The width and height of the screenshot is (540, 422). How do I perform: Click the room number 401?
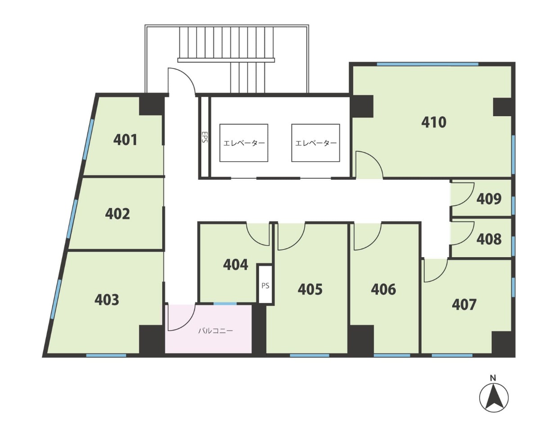pyautogui.click(x=125, y=140)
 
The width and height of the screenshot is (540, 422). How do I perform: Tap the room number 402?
pyautogui.click(x=117, y=214)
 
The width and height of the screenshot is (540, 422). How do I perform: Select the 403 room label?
pyautogui.click(x=107, y=299)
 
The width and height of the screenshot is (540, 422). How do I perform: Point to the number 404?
pyautogui.click(x=236, y=265)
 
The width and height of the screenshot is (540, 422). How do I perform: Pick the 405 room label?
pyautogui.click(x=310, y=290)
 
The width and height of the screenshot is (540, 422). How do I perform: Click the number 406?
pyautogui.click(x=383, y=290)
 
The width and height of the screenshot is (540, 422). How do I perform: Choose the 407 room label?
pyautogui.click(x=464, y=304)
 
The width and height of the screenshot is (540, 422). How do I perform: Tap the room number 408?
pyautogui.click(x=489, y=239)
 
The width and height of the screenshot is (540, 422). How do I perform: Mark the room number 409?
pyautogui.click(x=489, y=199)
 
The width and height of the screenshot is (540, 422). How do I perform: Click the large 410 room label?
pyautogui.click(x=434, y=123)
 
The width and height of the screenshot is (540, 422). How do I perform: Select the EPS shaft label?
pyautogui.click(x=204, y=137)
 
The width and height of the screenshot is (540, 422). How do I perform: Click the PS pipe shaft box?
pyautogui.click(x=265, y=284)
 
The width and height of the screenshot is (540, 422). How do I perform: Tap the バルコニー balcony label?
pyautogui.click(x=216, y=331)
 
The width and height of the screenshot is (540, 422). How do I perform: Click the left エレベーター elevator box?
pyautogui.click(x=244, y=143)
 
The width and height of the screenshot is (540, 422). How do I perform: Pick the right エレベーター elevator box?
pyautogui.click(x=315, y=143)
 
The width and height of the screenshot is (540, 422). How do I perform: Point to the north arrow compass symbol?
pyautogui.click(x=494, y=398)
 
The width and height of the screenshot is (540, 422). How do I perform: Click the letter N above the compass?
pyautogui.click(x=493, y=378)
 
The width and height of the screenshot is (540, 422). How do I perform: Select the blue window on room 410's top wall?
pyautogui.click(x=427, y=64)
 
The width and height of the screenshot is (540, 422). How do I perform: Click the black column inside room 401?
pyautogui.click(x=152, y=106)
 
